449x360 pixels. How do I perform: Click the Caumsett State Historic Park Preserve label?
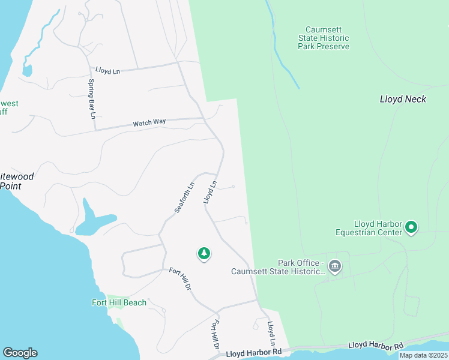(327, 38)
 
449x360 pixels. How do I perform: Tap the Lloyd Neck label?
(403, 99)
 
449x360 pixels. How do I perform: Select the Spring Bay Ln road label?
(92, 99)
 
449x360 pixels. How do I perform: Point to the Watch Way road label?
(149, 122)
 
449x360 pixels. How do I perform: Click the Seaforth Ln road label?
(185, 197)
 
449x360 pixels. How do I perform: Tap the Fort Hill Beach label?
(119, 302)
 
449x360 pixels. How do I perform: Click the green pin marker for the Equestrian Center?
(411, 227)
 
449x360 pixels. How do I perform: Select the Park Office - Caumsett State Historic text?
(278, 267)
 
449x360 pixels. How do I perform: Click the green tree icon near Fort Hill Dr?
(204, 254)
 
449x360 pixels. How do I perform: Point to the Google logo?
(20, 353)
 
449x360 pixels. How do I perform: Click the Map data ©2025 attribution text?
(423, 355)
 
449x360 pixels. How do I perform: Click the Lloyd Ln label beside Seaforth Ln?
(209, 192)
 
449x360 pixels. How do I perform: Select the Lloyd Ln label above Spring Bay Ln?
(107, 71)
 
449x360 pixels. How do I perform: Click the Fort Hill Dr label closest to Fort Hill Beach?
(179, 279)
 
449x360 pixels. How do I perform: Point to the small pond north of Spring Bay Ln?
(27, 70)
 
